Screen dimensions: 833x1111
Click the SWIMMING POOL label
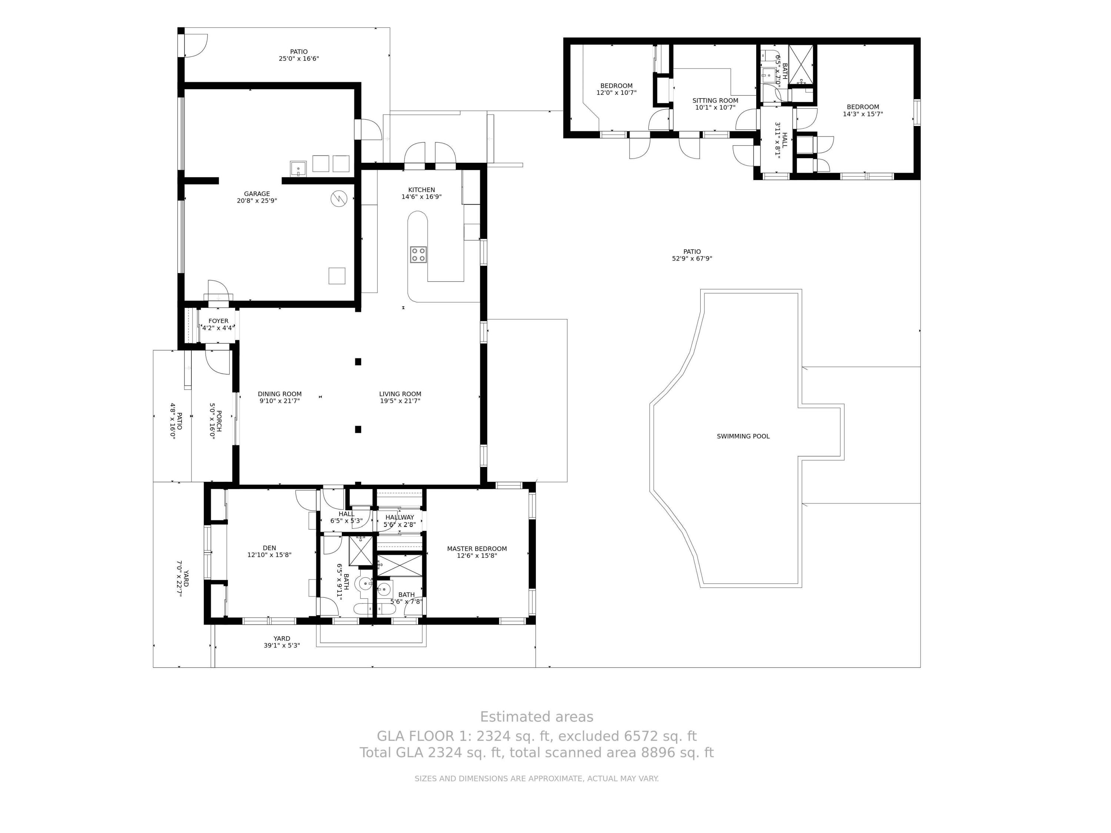click(743, 436)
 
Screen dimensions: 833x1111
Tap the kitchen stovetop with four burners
click(418, 255)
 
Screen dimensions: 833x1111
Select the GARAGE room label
click(257, 194)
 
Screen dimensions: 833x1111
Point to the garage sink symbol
click(298, 168)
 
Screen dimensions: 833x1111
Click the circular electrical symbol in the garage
click(339, 199)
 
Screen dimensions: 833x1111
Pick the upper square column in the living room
click(358, 362)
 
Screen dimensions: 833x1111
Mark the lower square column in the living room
click(358, 429)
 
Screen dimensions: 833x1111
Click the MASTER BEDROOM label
click(477, 549)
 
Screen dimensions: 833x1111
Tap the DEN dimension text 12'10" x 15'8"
click(269, 555)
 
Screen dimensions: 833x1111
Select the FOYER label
click(218, 321)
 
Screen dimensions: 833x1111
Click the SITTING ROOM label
click(715, 100)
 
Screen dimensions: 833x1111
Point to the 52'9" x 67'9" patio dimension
click(692, 259)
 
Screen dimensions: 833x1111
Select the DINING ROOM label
click(280, 394)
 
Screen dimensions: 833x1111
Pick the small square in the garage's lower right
click(337, 276)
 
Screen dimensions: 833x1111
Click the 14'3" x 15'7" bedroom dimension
click(863, 114)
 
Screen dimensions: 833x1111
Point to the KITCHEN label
click(421, 190)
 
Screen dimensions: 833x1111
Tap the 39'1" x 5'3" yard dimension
click(282, 646)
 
